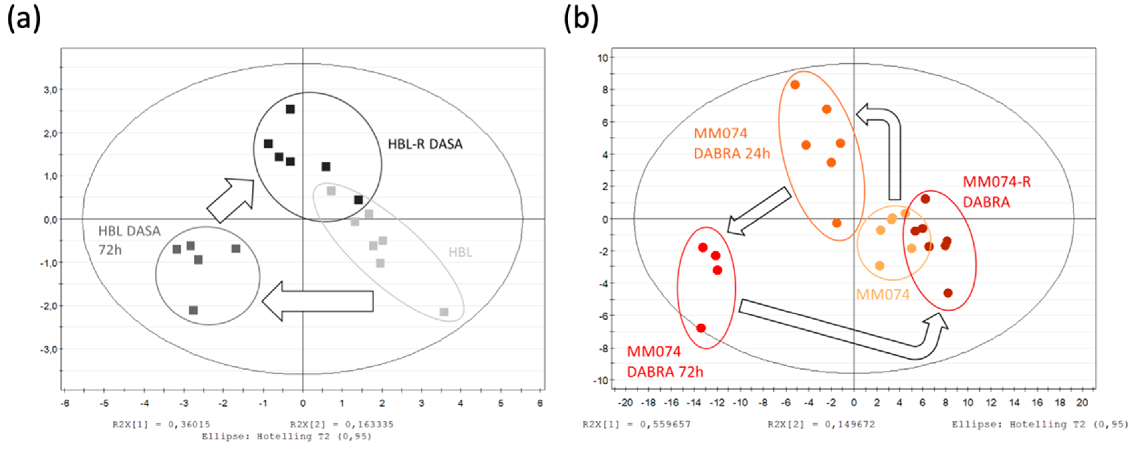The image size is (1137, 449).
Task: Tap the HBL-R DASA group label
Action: (x=425, y=144)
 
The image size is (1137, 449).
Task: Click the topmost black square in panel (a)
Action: (x=290, y=109)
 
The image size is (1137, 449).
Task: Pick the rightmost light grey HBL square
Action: (x=444, y=312)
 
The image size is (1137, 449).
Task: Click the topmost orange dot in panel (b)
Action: (x=795, y=85)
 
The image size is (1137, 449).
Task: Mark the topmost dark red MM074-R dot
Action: (x=925, y=199)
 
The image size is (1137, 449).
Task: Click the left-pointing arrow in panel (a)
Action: (x=318, y=301)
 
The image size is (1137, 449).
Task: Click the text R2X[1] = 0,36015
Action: (x=161, y=424)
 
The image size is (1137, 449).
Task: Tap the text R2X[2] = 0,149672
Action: (x=821, y=424)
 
